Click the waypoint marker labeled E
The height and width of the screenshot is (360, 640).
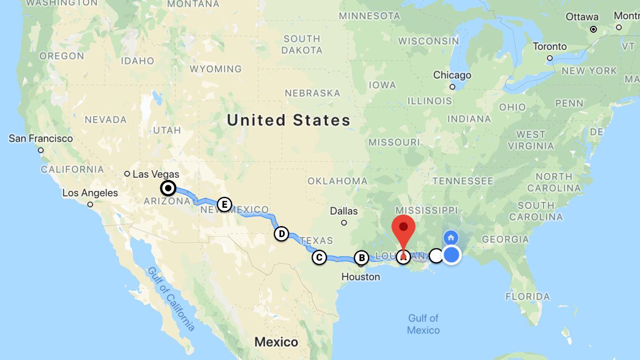(224, 204)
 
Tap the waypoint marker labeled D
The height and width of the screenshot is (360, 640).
(282, 234)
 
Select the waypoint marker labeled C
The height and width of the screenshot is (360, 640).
(319, 257)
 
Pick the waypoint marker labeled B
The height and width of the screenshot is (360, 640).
(361, 258)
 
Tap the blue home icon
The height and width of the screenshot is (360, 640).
(451, 237)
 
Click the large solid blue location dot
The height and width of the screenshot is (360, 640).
(451, 255)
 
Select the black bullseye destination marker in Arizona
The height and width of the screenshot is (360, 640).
(168, 188)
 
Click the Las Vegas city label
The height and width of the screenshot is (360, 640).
(156, 174)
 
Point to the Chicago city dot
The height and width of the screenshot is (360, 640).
(452, 87)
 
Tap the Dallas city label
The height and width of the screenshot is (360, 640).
(344, 211)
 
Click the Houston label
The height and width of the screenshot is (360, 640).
(361, 276)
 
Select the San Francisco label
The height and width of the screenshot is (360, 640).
(41, 139)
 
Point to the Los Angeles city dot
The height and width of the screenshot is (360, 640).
(90, 204)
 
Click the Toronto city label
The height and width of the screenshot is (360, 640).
(550, 47)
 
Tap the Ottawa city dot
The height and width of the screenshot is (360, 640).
(593, 29)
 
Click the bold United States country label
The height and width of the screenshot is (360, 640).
(289, 120)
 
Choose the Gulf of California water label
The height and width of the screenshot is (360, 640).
(172, 299)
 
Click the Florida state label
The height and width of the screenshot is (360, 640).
(528, 296)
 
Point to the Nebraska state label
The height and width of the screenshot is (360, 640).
(312, 93)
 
